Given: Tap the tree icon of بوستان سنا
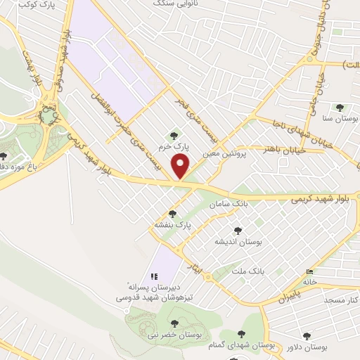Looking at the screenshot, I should coord(340,108).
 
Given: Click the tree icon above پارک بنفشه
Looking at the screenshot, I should coord(172,213).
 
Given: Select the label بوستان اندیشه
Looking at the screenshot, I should coord(238,241).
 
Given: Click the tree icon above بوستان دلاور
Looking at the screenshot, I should coord(307,337).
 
